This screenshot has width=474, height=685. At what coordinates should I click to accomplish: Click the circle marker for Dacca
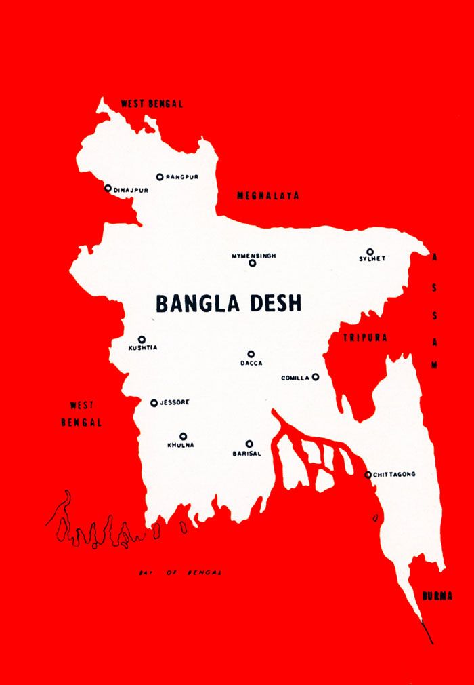pos(251,354)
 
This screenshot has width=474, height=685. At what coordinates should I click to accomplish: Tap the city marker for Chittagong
pos(368,475)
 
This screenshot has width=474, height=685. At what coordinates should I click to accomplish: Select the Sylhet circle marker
pos(370,252)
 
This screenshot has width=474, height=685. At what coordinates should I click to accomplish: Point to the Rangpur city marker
pos(160,177)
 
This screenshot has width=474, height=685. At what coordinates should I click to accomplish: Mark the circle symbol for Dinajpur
pos(108,188)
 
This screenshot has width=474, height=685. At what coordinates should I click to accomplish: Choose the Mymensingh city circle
pos(253,263)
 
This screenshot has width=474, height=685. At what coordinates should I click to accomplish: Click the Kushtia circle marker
pos(142,339)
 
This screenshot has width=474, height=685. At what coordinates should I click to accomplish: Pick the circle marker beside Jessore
pos(154,403)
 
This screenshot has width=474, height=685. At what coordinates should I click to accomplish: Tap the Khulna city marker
pos(183,436)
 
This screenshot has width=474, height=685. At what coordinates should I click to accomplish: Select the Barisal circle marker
pos(249,444)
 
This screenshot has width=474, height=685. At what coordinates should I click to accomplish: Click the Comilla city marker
pos(316,377)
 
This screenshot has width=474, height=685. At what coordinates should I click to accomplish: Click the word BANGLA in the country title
pos(197,303)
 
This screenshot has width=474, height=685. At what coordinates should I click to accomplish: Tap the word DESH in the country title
pos(274,303)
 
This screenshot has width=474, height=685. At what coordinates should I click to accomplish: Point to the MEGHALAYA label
pos(267,195)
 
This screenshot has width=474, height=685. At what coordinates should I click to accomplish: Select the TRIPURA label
pos(364,338)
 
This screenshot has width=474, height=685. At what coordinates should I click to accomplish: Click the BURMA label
pos(437,596)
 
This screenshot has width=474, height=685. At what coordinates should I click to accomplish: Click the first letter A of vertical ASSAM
pos(435,258)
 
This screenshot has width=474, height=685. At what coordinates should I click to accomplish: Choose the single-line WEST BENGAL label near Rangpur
pos(152,104)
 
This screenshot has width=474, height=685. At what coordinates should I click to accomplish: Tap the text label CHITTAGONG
pos(395,475)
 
